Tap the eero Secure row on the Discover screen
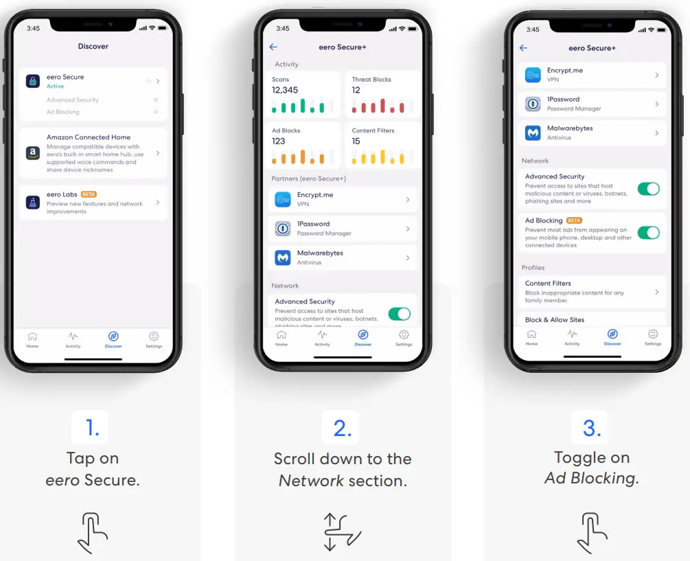tap(93, 81)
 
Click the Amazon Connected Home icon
tap(32, 153)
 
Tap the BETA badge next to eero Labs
tap(89, 194)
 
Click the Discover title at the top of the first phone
tap(93, 46)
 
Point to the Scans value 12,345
tap(285, 90)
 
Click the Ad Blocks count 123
tap(279, 141)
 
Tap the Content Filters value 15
tap(356, 141)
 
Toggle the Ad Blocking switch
tap(648, 232)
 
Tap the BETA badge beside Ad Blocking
tap(574, 220)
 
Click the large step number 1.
tap(93, 428)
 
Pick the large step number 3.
tap(591, 428)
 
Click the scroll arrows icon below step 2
tap(342, 532)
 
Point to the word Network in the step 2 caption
tap(311, 481)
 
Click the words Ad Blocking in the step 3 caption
tap(591, 479)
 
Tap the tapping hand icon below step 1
tap(93, 532)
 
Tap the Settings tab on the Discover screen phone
tap(154, 339)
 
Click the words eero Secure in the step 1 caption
tap(93, 480)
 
